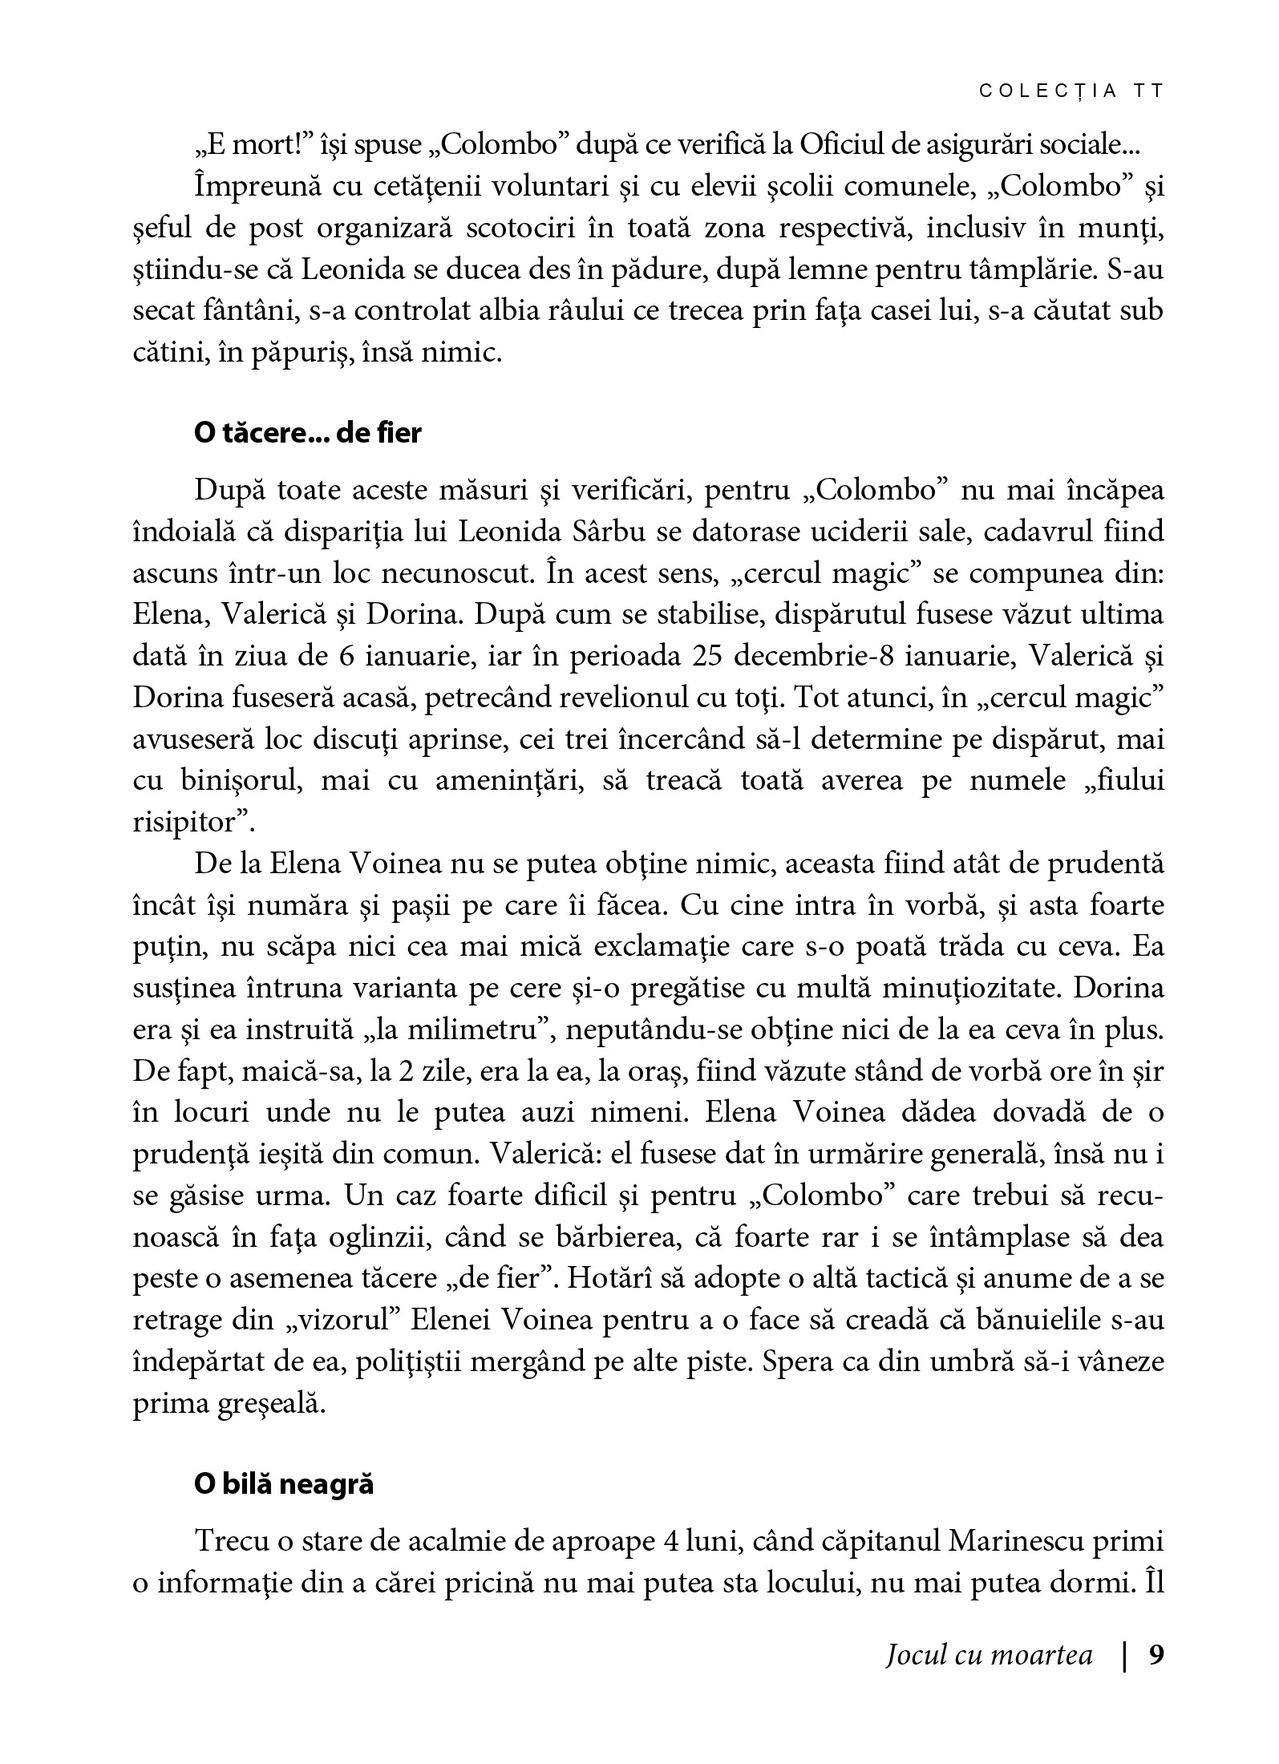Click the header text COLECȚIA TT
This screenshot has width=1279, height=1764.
(1071, 91)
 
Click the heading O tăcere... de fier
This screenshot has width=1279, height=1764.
(307, 433)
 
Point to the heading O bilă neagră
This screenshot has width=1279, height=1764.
(284, 1483)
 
